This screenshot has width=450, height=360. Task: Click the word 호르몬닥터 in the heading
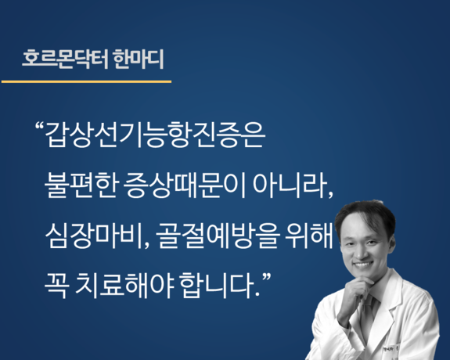point(65,59)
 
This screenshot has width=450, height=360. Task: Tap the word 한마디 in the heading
point(139,59)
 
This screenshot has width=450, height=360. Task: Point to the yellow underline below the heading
point(86,82)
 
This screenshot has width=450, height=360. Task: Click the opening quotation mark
point(40,126)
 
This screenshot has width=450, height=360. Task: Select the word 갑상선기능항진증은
point(155,135)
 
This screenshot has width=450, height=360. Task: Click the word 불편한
point(81,185)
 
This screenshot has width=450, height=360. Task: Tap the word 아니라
point(290,185)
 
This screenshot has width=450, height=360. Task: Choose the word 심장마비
point(94,236)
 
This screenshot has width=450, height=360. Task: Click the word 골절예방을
point(218,236)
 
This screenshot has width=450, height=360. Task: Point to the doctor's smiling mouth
point(363,264)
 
